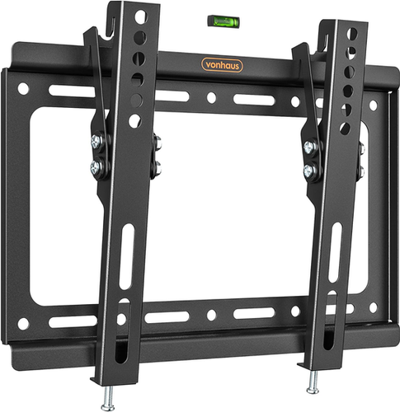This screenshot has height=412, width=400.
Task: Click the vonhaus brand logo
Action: coord(224,65)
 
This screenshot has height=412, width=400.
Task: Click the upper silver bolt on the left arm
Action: coord(96,143)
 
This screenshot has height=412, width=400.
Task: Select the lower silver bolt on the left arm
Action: coord(96,166)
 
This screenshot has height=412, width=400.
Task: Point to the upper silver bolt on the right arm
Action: coord(311,147)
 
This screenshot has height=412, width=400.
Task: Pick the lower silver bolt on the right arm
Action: coord(311,171)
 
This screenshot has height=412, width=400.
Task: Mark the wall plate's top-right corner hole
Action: coord(373,105)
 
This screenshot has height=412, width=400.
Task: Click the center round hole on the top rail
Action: coord(211,97)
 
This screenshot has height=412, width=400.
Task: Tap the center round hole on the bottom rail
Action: coord(211,315)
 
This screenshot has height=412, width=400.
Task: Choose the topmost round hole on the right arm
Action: coord(352,34)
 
